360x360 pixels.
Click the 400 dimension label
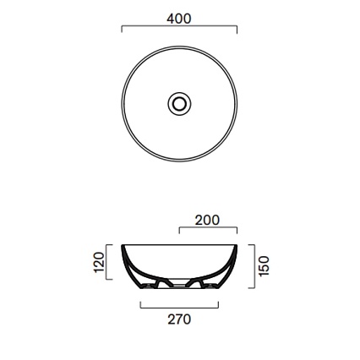(179, 19)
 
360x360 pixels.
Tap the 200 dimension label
(207, 221)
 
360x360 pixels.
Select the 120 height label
(99, 262)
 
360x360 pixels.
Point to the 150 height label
(264, 266)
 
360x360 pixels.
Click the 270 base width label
(179, 319)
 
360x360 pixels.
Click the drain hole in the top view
(179, 104)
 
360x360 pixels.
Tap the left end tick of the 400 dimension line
(122, 29)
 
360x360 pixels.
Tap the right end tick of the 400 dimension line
(237, 30)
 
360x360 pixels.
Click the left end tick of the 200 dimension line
(179, 231)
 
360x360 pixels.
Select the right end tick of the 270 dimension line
(218, 305)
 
